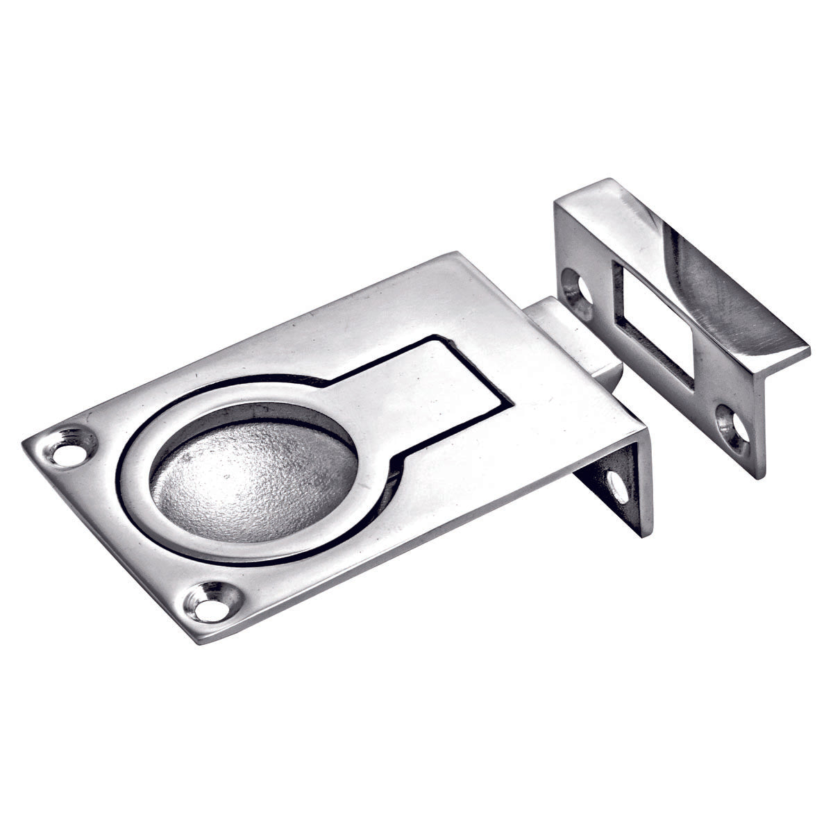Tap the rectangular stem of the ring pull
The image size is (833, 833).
pos(430,389)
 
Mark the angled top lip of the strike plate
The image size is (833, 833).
pos(694,264)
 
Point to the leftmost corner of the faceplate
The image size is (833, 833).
pos(24,442)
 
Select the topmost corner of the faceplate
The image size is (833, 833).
pos(455,253)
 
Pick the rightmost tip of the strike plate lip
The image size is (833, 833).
pos(809,347)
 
